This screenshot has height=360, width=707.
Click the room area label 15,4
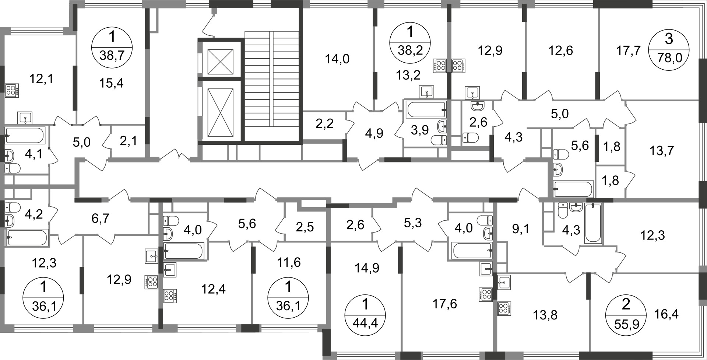pyautogui.click(x=111, y=83)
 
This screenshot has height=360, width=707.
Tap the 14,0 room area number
pyautogui.click(x=337, y=59)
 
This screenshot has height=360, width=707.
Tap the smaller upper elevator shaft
pyautogui.click(x=220, y=61)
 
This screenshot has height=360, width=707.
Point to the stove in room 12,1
pyautogui.click(x=12, y=91)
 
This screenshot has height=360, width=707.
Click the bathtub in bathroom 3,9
pyautogui.click(x=426, y=109)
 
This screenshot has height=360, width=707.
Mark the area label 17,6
pyautogui.click(x=445, y=304)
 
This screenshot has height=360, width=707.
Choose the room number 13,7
pyautogui.click(x=661, y=150)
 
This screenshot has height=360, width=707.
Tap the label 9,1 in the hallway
pyautogui.click(x=521, y=229)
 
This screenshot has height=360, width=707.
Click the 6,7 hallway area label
pyautogui.click(x=100, y=219)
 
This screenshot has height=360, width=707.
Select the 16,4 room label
pyautogui.click(x=666, y=314)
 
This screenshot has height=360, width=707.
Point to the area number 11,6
pyautogui.click(x=289, y=262)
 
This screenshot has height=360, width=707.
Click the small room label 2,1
pyautogui.click(x=129, y=140)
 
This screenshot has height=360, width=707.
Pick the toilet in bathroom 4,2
pyautogui.click(x=12, y=207)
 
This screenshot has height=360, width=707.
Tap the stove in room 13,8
pyautogui.click(x=504, y=309)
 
